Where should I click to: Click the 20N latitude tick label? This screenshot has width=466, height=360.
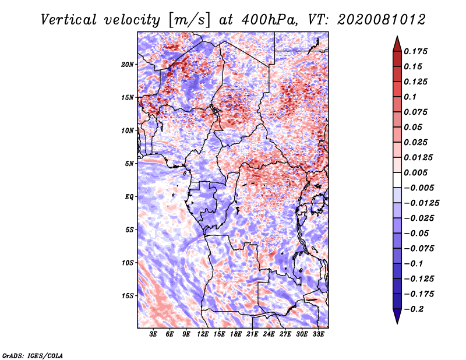[x=128, y=65]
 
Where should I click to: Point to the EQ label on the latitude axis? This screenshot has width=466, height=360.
[x=129, y=197]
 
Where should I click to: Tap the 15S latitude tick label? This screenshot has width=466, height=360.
[x=128, y=296]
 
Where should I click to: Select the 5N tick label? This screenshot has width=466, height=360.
[x=129, y=164]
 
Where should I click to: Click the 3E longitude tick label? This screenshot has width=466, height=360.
[x=153, y=334]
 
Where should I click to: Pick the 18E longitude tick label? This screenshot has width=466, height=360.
[x=236, y=334]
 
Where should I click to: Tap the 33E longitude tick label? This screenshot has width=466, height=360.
[x=318, y=334]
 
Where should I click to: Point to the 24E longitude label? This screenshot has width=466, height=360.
[x=269, y=334]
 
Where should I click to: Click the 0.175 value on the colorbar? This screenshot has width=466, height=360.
[x=415, y=51]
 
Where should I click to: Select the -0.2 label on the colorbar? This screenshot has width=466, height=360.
[x=414, y=309]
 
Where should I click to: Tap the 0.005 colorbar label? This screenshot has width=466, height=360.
[x=415, y=172]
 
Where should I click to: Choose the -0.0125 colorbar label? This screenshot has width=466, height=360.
[x=421, y=203]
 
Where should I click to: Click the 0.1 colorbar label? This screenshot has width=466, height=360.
[x=410, y=97]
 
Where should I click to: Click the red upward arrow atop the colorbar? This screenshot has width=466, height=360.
[x=397, y=44]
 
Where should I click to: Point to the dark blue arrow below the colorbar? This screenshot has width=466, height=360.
[x=397, y=316]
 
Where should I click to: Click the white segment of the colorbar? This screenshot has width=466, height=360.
[x=397, y=180]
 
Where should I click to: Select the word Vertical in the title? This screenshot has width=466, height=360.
[x=69, y=20]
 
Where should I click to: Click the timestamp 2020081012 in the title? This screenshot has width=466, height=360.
[x=382, y=20]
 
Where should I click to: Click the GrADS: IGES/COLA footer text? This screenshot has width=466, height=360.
[x=33, y=355]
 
